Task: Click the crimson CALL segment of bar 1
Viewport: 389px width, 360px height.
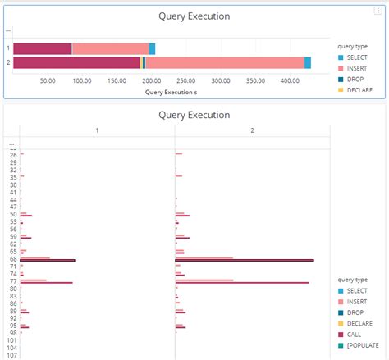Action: [x=42, y=49]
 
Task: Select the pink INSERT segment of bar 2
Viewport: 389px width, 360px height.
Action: [x=224, y=63]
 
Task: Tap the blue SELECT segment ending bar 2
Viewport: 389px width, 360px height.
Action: [x=308, y=63]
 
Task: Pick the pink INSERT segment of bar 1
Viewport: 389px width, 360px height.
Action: [x=110, y=49]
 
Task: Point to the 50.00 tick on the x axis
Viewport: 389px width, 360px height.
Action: [x=48, y=81]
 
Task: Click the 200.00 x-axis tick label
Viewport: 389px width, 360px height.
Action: [x=151, y=81]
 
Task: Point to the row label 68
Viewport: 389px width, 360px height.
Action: [x=13, y=259]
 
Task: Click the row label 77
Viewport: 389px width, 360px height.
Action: [x=13, y=281]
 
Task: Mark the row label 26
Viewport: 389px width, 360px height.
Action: [x=13, y=155]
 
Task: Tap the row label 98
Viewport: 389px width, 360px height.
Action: [x=13, y=333]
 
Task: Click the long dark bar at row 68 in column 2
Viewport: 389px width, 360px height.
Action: [x=244, y=261]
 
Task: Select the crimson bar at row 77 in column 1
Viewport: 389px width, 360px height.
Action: [x=46, y=283]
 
